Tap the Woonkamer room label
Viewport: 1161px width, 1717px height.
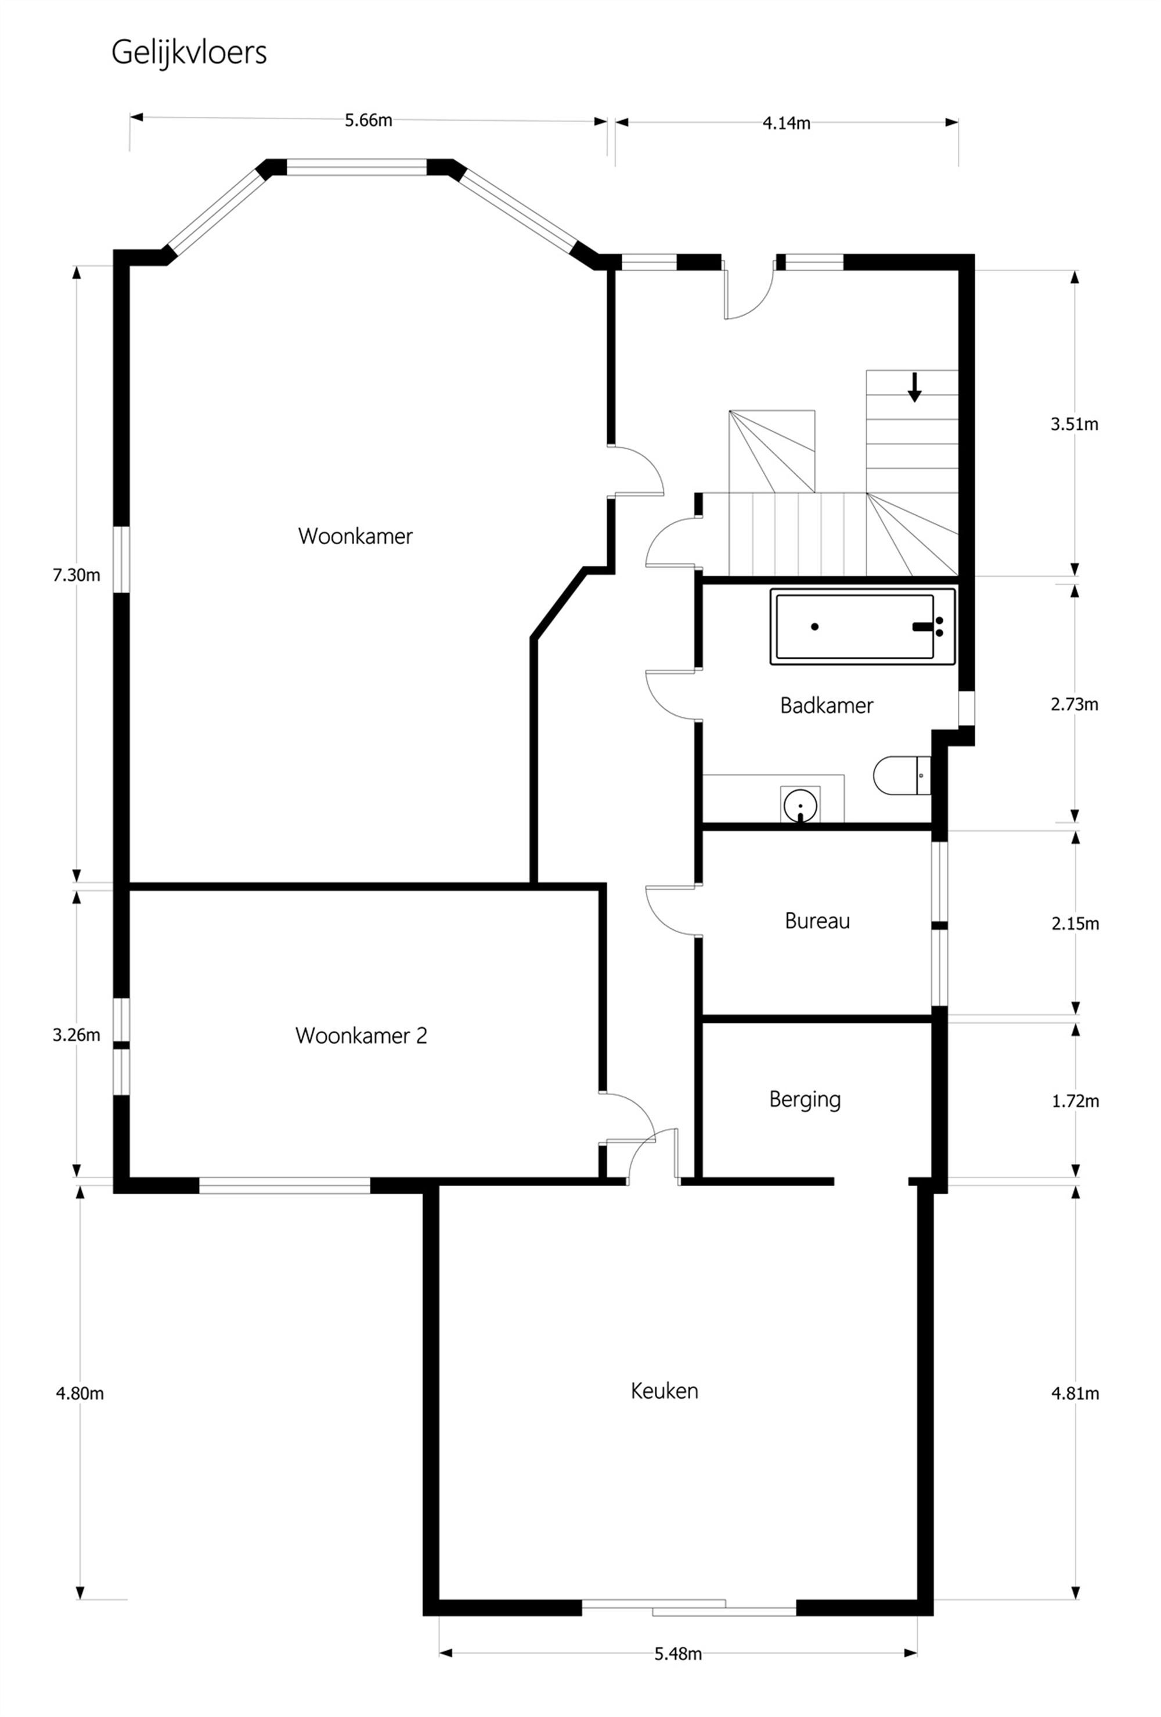(355, 536)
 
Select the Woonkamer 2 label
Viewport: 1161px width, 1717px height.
(360, 1035)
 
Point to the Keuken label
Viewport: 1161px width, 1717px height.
(664, 1391)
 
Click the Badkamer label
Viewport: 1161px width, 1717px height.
(827, 706)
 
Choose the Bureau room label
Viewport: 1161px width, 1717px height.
(817, 921)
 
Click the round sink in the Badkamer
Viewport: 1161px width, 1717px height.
(801, 804)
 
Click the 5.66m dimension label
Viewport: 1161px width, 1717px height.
(368, 120)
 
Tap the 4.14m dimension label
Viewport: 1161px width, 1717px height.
(786, 123)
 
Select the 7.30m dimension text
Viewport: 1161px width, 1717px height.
(76, 575)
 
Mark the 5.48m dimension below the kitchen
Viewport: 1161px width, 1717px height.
(677, 1654)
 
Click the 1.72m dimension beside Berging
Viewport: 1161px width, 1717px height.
(1075, 1101)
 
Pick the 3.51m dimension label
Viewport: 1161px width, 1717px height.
(1074, 424)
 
